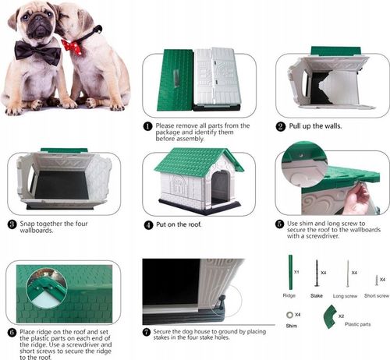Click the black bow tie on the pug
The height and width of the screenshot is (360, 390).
pyautogui.click(x=37, y=53)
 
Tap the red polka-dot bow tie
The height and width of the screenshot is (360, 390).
pyautogui.click(x=73, y=47)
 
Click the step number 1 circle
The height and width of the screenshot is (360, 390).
pyautogui.click(x=147, y=126)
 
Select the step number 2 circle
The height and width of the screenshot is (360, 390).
pyautogui.click(x=281, y=126)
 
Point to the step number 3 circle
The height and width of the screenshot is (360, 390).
pyautogui.click(x=12, y=224)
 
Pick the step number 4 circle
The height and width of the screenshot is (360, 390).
pyautogui.click(x=148, y=224)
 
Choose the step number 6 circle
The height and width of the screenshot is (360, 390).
pyautogui.click(x=12, y=333)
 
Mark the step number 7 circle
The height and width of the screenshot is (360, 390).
pyautogui.click(x=147, y=332)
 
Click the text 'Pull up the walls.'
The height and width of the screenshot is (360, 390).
pyautogui.click(x=315, y=126)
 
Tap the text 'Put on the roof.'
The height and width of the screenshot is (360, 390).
pyautogui.click(x=179, y=224)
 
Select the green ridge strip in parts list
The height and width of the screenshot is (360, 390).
pyautogui.click(x=290, y=273)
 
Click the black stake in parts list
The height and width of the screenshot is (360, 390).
pyautogui.click(x=317, y=274)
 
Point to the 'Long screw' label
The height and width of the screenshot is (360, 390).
pyautogui.click(x=345, y=296)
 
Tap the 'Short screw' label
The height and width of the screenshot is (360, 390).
pyautogui.click(x=377, y=295)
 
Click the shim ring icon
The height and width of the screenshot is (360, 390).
pyautogui.click(x=289, y=315)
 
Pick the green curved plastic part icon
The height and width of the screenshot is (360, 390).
pyautogui.click(x=330, y=316)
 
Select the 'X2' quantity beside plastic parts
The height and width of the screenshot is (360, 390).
pyautogui.click(x=341, y=316)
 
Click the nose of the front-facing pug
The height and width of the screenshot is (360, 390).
pyautogui.click(x=38, y=19)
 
